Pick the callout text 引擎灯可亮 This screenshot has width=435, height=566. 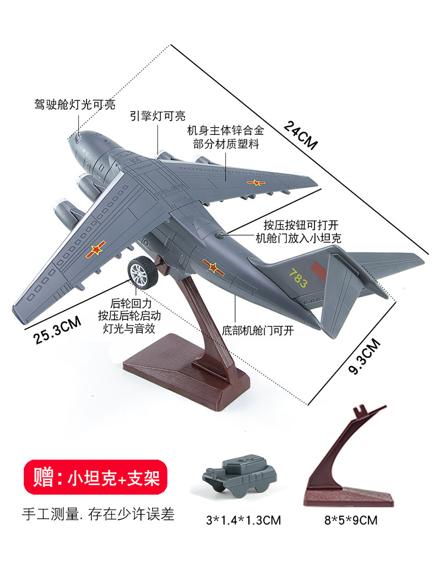pos(157,116)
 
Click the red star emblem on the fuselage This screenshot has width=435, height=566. pos(211,266)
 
